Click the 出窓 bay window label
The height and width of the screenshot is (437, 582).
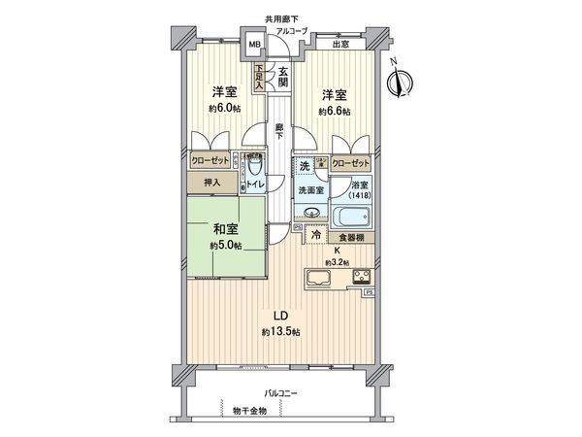pyautogui.click(x=341, y=44)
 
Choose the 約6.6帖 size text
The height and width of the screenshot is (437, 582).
pyautogui.click(x=336, y=113)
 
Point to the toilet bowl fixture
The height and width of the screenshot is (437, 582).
pyautogui.click(x=254, y=164)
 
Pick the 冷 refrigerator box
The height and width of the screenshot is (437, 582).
pyautogui.click(x=315, y=235)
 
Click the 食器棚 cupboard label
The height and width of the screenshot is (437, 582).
pyautogui.click(x=351, y=236)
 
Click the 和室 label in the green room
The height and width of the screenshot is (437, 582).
pyautogui.click(x=227, y=230)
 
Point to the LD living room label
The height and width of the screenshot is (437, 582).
pyautogui.click(x=278, y=316)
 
